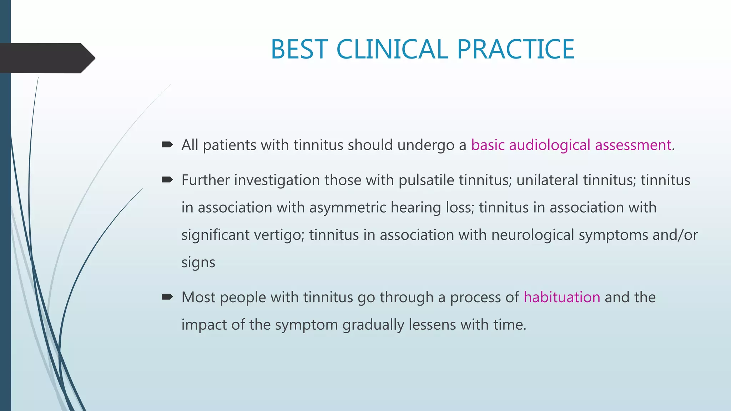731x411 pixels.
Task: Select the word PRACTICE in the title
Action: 515,49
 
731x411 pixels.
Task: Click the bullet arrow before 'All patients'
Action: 167,145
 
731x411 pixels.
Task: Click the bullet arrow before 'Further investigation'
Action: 167,180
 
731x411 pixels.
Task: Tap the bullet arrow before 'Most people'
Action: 167,297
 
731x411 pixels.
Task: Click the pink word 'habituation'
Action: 562,297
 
